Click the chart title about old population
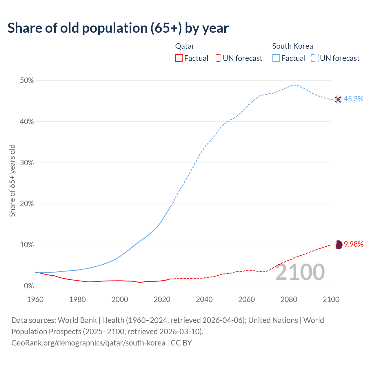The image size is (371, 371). click(x=118, y=28)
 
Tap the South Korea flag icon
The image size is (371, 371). click(x=338, y=99)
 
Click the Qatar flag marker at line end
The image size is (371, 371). click(x=339, y=245)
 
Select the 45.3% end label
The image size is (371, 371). click(x=353, y=99)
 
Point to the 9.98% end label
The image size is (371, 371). click(x=353, y=244)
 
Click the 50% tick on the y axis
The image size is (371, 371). click(x=27, y=81)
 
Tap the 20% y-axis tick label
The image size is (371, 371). click(x=27, y=204)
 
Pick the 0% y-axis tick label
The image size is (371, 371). click(x=29, y=286)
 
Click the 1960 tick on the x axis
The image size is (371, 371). click(x=35, y=299)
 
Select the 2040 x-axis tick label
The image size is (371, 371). click(x=204, y=299)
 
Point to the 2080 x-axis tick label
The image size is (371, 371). click(x=289, y=299)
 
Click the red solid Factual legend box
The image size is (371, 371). click(x=179, y=58)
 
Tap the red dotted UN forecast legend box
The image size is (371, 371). click(x=217, y=58)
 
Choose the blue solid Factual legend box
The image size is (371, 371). click(x=276, y=58)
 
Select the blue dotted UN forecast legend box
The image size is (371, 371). click(x=314, y=58)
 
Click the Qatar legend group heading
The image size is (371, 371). click(x=185, y=46)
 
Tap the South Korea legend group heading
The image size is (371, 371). click(x=292, y=46)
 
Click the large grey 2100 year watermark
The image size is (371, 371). click(x=300, y=272)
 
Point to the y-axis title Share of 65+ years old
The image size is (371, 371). click(x=12, y=180)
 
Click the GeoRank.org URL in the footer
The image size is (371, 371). click(x=88, y=343)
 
